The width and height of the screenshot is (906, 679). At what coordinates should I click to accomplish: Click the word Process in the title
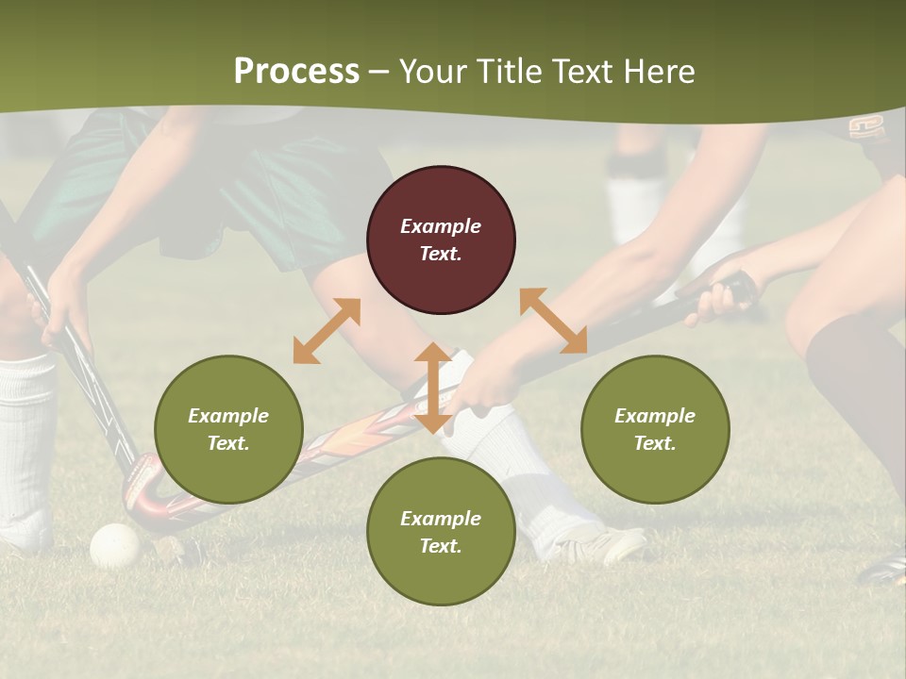[296, 72]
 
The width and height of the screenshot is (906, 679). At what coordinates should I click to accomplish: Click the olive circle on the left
[228, 429]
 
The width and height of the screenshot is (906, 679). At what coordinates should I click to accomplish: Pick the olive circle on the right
[655, 429]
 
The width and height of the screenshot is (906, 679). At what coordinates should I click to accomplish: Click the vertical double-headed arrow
[433, 388]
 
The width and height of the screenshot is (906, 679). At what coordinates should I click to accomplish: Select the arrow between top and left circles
[327, 331]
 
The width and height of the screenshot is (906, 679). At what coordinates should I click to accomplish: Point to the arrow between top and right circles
[553, 321]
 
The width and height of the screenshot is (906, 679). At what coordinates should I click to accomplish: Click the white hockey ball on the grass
[115, 545]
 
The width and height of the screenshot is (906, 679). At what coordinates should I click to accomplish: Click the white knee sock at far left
[26, 434]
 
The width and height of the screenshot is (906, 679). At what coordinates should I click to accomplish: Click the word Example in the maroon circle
[441, 226]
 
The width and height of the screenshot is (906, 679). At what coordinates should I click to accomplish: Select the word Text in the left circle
[228, 443]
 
